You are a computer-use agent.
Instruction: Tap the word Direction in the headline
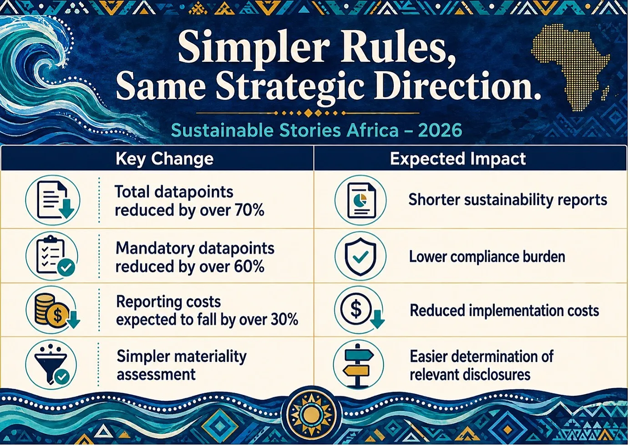coord(456,85)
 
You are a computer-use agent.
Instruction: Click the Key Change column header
coord(164,159)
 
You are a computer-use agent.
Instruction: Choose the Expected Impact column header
coord(457,159)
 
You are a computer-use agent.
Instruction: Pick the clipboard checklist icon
coord(53,257)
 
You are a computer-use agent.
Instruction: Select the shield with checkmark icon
coord(361,256)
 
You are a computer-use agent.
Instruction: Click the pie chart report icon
coord(361,200)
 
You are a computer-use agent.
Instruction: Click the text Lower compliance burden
coord(487,257)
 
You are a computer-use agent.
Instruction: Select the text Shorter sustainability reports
coord(508,200)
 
